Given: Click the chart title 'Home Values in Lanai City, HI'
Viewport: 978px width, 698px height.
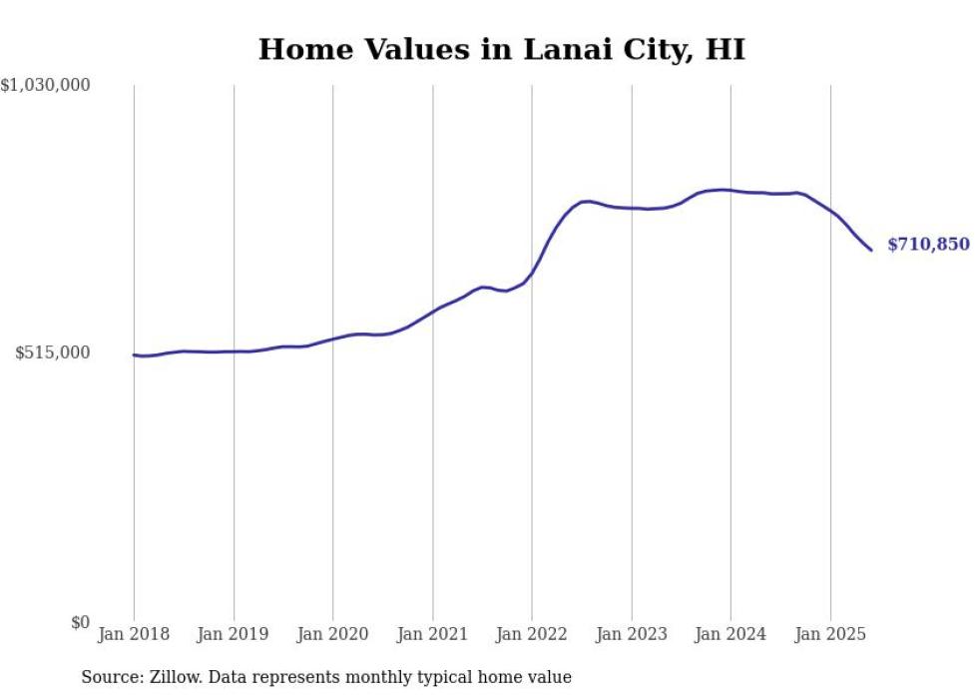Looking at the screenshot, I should point(501,49).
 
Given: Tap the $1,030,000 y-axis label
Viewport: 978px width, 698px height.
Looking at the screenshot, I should point(45,86).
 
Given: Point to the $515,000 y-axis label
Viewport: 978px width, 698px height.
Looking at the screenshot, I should point(52,352).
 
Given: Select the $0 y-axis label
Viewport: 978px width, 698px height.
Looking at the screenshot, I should point(80,622).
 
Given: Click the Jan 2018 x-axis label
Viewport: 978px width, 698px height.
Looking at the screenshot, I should point(134,634).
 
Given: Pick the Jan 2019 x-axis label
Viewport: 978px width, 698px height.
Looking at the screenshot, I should point(234,634).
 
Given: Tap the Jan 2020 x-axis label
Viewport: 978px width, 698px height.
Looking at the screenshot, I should point(332,634).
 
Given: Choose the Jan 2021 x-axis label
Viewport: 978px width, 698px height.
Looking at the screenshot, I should point(432,634).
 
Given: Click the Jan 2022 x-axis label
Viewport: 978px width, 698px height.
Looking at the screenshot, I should point(532,634).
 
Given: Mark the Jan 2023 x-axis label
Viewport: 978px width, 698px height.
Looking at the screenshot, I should point(631,634).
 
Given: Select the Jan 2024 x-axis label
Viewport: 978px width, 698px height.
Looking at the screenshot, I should point(731,634).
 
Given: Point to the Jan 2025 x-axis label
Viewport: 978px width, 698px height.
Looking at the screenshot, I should point(830,634).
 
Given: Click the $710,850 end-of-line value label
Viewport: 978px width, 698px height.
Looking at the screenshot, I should point(928,245).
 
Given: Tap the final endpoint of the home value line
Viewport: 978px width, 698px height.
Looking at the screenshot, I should point(871,250).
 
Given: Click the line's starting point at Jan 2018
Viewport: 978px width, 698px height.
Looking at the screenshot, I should point(134,354).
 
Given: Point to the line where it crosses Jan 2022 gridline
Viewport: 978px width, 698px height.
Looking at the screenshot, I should point(532,274).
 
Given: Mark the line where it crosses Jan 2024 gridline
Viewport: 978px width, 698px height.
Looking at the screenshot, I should point(731,190).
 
